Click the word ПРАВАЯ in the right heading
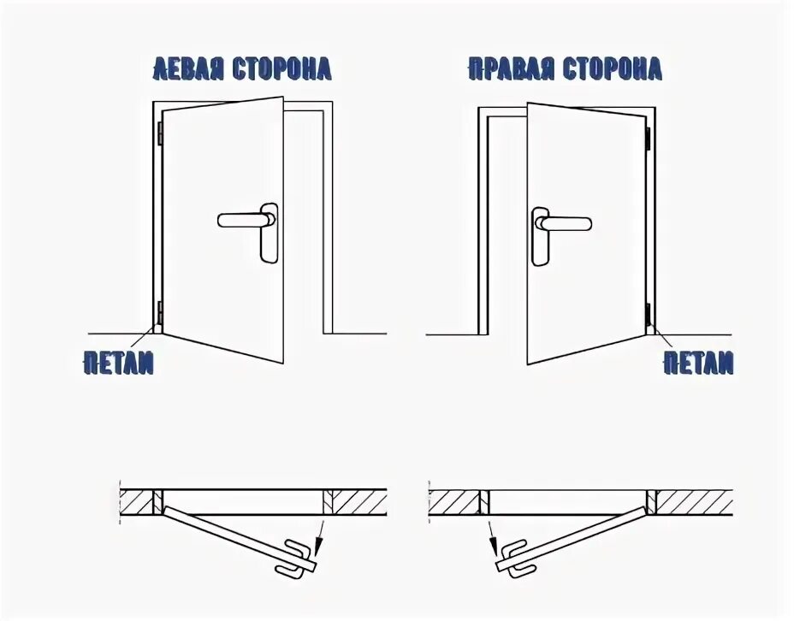pyautogui.click(x=505, y=68)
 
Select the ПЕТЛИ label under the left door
pyautogui.click(x=119, y=363)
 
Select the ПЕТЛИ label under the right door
pyautogui.click(x=698, y=363)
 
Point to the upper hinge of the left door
pyautogui.click(x=159, y=133)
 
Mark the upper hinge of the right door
pyautogui.click(x=649, y=135)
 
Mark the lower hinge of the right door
pyautogui.click(x=648, y=315)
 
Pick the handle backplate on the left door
pyautogui.click(x=270, y=233)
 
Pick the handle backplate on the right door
pyautogui.click(x=541, y=235)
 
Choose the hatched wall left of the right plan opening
pyautogui.click(x=453, y=500)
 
